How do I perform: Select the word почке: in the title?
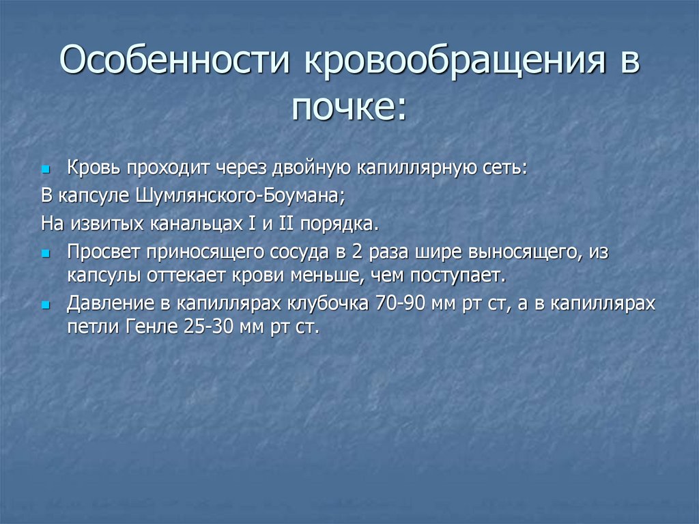[349, 107]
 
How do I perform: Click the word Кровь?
[92, 167]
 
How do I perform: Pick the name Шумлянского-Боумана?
[242, 196]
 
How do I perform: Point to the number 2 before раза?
[357, 252]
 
